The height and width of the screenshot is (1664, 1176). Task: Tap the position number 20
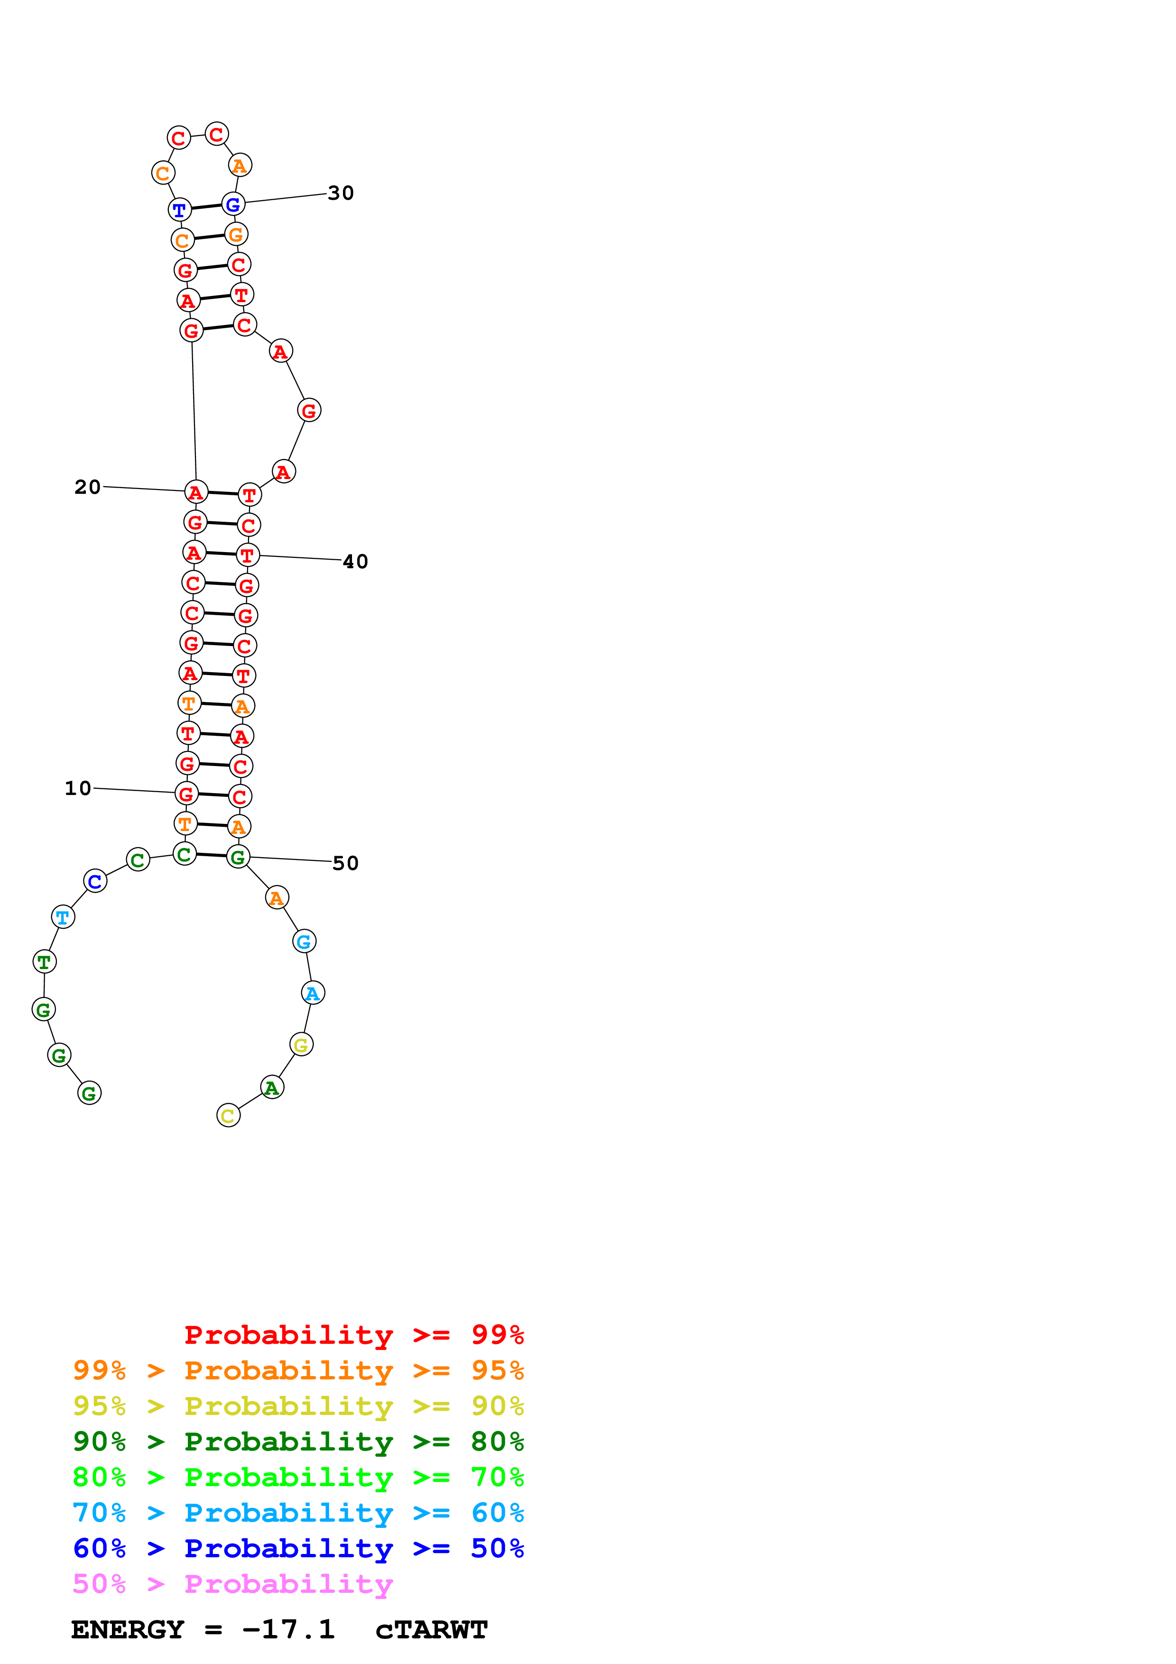click(88, 487)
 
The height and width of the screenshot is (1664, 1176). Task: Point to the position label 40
click(355, 562)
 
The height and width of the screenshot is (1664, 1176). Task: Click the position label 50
click(346, 863)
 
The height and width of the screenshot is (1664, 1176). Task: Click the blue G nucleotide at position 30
click(233, 204)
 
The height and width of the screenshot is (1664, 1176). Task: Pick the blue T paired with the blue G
click(180, 210)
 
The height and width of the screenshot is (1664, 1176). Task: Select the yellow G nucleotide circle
click(301, 1045)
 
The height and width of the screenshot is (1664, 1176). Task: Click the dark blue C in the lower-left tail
click(95, 881)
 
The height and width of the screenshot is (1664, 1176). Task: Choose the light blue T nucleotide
click(63, 917)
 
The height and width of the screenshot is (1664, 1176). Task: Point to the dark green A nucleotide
click(272, 1087)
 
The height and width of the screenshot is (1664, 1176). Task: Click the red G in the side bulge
click(309, 411)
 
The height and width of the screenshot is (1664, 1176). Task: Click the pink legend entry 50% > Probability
click(232, 1584)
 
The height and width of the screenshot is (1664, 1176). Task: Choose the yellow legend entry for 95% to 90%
click(298, 1406)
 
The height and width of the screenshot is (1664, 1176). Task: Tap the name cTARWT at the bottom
click(431, 1630)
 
